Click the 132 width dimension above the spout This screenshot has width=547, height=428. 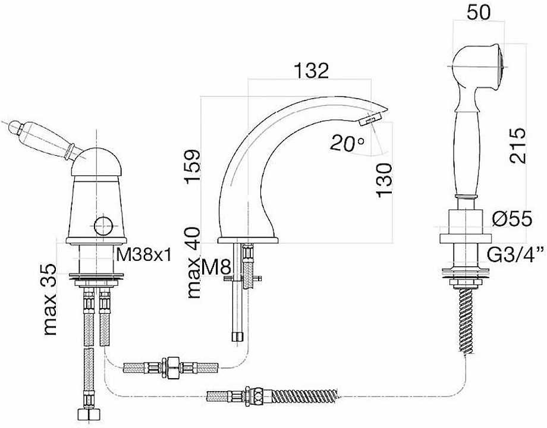click(312, 71)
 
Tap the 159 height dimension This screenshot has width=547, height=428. click(193, 166)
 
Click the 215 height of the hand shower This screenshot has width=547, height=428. click(517, 146)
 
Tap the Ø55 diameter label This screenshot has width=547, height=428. click(512, 219)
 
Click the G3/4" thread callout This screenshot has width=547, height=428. click(515, 256)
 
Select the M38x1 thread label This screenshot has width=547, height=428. click(143, 256)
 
